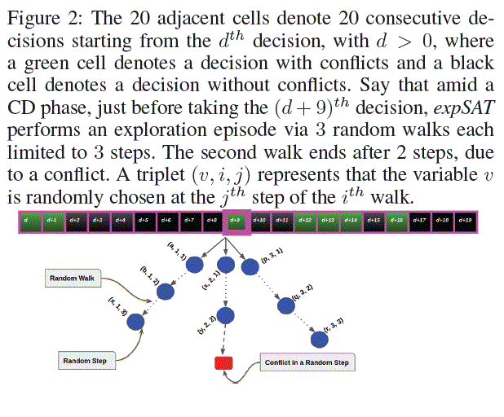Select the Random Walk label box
coord(73,278)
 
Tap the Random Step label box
coord(85,359)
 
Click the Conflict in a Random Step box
coord(307,362)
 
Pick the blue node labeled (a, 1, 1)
coord(201,264)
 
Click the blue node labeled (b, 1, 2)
coord(166,290)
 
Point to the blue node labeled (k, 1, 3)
coord(136,323)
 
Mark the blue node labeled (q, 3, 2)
coord(286,306)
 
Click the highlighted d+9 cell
coord(235,220)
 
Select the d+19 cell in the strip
coord(466,220)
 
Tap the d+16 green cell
coord(396,220)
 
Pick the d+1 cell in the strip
coord(51,220)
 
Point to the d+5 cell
coord(143,220)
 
